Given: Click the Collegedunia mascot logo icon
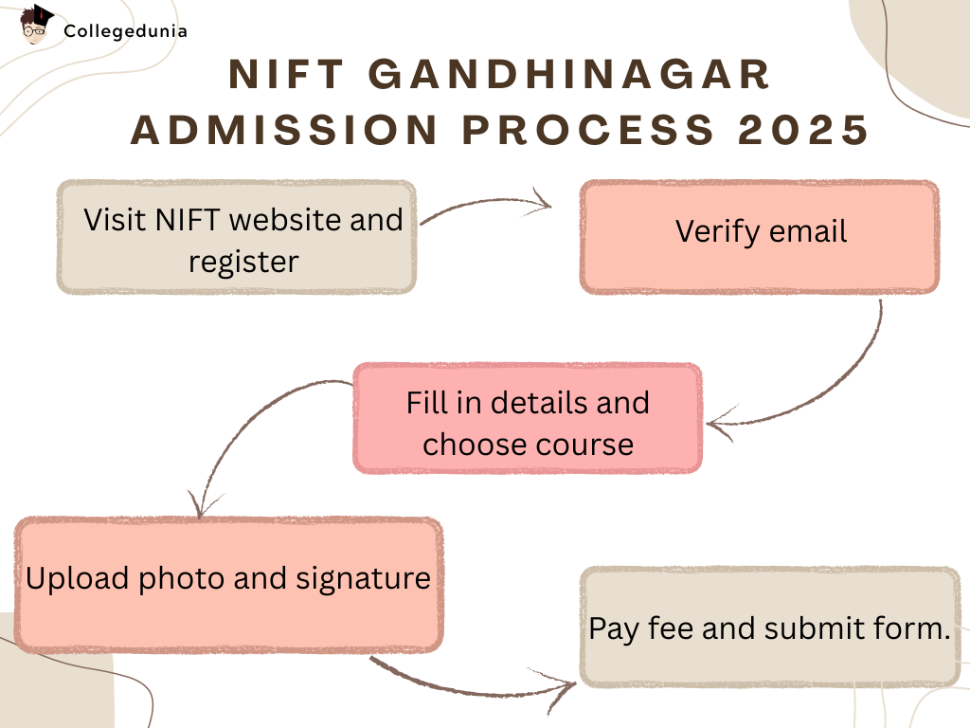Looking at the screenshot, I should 36,26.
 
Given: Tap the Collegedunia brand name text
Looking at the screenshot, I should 125,31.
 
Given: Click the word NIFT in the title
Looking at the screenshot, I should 281,76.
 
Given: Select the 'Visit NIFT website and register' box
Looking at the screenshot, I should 236,237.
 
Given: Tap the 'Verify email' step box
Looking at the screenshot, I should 760,237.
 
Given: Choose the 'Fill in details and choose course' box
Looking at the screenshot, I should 528,418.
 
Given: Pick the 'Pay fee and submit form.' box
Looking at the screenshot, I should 769,628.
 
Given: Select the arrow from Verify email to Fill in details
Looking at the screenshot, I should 834,389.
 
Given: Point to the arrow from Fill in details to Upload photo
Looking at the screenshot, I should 246,427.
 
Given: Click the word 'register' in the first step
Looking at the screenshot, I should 243,261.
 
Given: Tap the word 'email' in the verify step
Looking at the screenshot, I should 805,231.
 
